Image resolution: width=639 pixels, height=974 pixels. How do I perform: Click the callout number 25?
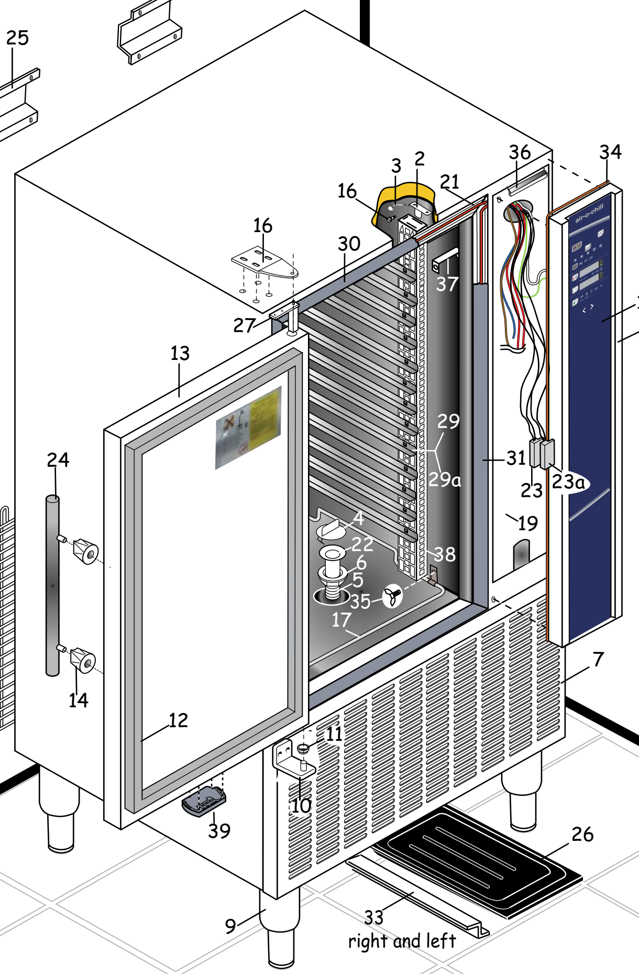coord(17,38)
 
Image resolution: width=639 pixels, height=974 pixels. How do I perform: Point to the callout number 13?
coord(180,353)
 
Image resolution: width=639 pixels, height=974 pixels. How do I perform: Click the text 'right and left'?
coord(402,941)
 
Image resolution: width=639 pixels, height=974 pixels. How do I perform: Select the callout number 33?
coord(374,917)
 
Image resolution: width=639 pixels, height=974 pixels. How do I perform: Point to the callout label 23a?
coord(568,481)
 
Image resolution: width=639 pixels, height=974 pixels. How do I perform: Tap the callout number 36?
coord(520,152)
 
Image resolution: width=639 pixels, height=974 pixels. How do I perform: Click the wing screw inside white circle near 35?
coord(392,595)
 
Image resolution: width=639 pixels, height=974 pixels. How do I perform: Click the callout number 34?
coord(610,152)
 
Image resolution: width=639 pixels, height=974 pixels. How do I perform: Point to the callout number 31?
coord(516,458)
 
